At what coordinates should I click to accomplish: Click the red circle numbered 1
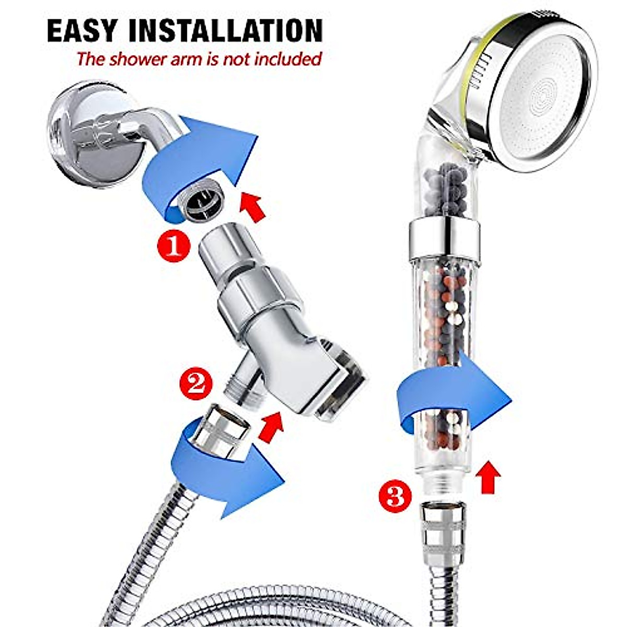(x=173, y=247)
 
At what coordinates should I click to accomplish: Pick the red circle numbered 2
(x=195, y=385)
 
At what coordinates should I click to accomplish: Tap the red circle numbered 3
(x=395, y=496)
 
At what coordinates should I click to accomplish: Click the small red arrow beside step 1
(x=251, y=207)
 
